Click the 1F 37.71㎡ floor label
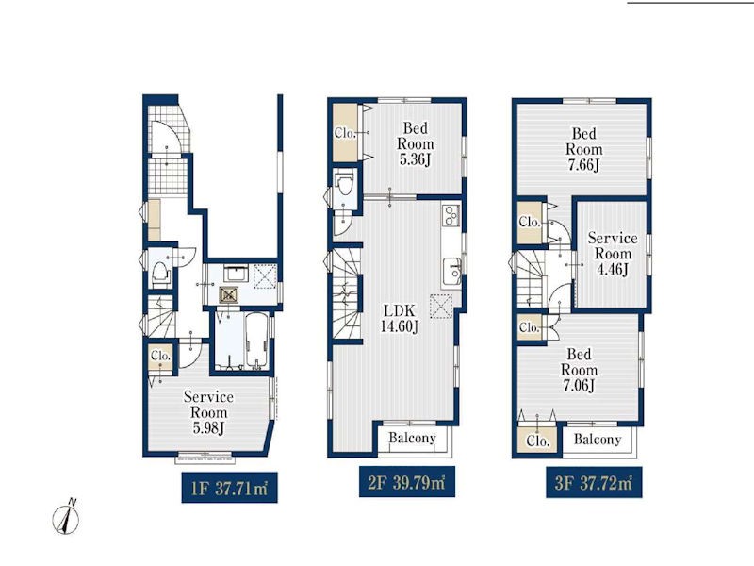tap(229, 488)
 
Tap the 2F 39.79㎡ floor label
tap(407, 482)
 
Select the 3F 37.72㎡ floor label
tap(594, 482)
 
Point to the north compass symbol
tap(66, 517)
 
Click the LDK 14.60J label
tap(399, 318)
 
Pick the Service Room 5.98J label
tap(208, 412)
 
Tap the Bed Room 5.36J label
tap(415, 143)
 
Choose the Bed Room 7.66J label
tap(583, 149)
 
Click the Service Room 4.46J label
tap(613, 253)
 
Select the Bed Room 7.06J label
tap(579, 370)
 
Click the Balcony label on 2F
tap(412, 438)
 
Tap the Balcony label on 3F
tap(598, 439)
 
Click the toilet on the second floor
tap(345, 183)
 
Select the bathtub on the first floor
tap(256, 341)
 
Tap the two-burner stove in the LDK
tap(451, 215)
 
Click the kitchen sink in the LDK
tap(452, 272)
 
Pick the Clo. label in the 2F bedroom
tap(345, 133)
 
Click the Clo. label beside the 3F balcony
tap(537, 441)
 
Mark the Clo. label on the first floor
tap(160, 356)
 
